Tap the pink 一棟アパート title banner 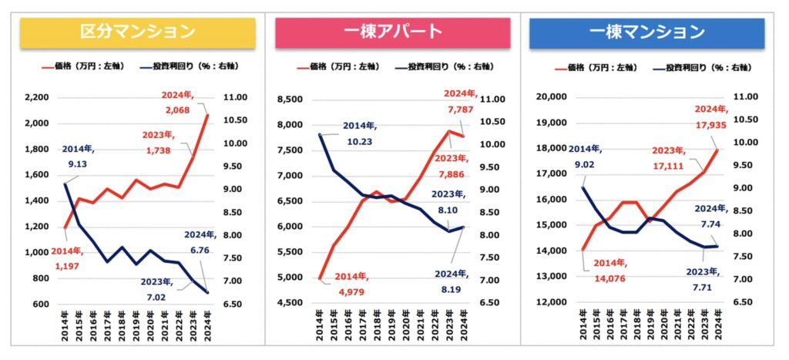click(392, 32)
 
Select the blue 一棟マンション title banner click(646, 32)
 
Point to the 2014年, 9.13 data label click(81, 156)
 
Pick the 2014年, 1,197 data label click(68, 258)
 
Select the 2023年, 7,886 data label click(455, 165)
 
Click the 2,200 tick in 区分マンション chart click(37, 98)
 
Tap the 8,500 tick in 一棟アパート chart click(292, 99)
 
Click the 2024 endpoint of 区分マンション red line click(207, 115)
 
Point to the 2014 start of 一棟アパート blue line click(319, 134)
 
